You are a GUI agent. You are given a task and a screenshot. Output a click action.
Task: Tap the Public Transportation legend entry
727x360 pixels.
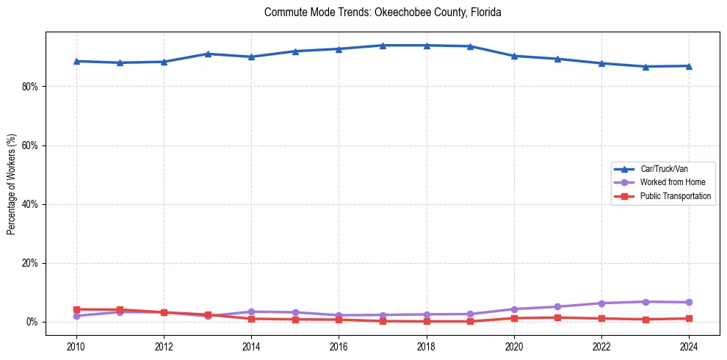click(x=674, y=196)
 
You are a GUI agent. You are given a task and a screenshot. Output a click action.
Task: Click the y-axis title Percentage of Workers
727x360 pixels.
click(x=11, y=184)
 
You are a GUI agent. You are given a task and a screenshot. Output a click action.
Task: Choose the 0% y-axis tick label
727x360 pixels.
click(x=32, y=322)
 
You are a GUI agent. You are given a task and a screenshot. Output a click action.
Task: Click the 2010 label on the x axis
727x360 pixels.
click(x=76, y=346)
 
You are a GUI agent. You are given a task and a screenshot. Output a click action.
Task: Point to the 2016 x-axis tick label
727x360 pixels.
click(x=339, y=346)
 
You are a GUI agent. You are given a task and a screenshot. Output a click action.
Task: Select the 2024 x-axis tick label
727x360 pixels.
click(x=688, y=346)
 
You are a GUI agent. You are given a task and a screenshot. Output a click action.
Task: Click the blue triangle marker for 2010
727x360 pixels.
click(x=76, y=61)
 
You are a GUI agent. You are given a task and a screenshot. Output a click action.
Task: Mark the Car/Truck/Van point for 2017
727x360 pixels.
click(x=383, y=46)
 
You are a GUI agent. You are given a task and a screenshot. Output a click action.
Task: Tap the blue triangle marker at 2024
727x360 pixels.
click(x=688, y=66)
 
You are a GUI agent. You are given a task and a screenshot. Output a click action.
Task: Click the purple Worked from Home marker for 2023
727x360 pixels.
click(x=645, y=302)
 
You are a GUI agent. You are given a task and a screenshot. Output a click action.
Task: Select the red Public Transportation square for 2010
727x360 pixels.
click(x=76, y=309)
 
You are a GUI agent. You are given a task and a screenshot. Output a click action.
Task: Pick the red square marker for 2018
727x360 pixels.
click(x=426, y=321)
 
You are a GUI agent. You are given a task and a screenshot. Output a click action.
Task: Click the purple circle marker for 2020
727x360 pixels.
click(x=513, y=309)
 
